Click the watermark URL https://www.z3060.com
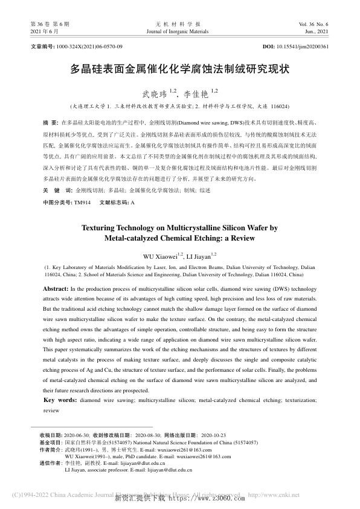pyautogui.click(x=205, y=499)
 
